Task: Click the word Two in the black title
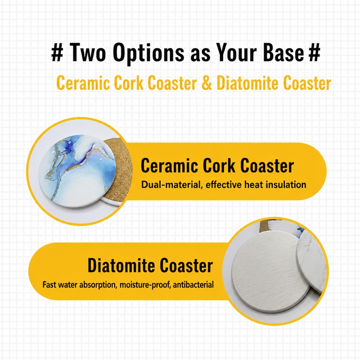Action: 87,53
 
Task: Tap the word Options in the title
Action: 148,54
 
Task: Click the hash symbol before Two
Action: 57,53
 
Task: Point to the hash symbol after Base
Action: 314,53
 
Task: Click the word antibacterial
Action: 193,285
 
